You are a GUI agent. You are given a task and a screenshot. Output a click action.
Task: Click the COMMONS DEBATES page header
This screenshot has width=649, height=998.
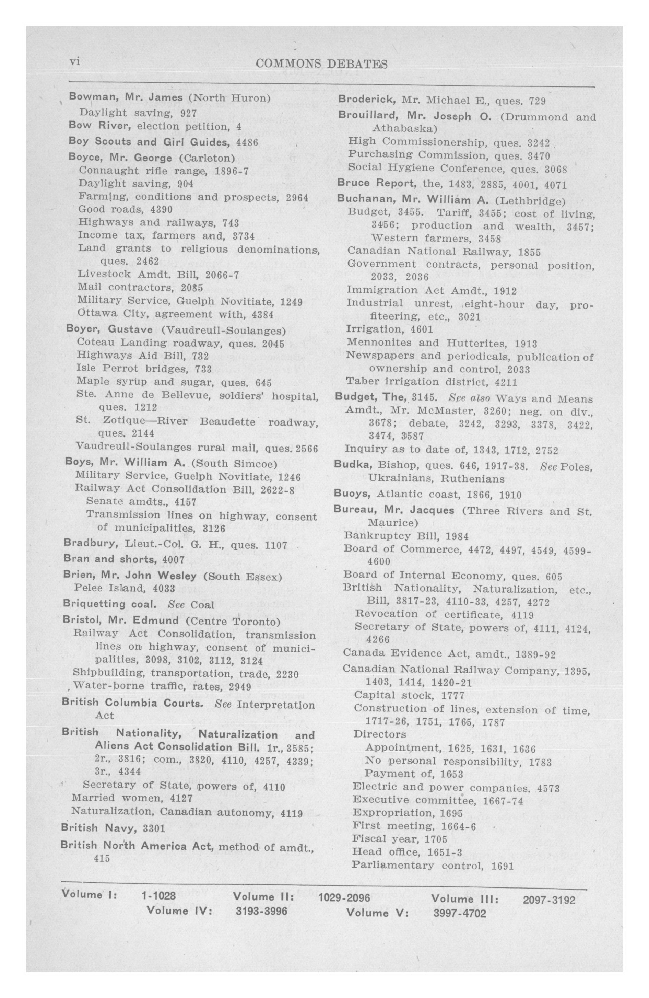tap(321, 64)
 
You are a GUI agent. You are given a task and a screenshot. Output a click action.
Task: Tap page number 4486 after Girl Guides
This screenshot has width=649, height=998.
tap(247, 142)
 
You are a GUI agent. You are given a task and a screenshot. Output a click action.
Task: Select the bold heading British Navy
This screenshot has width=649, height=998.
tap(100, 827)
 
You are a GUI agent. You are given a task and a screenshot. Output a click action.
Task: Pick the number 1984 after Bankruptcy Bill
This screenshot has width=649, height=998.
tap(457, 536)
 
